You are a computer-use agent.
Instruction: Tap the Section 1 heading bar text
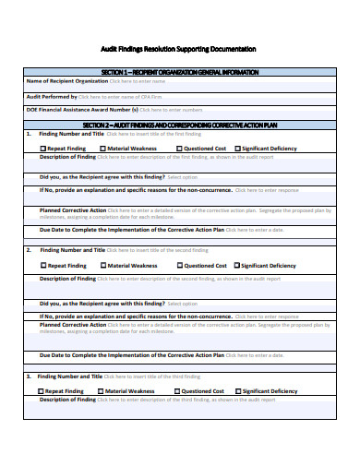pos(179,71)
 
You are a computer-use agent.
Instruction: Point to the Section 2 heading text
pos(179,124)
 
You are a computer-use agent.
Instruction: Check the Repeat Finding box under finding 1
pos(43,148)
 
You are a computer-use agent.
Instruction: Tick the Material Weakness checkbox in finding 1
pos(103,148)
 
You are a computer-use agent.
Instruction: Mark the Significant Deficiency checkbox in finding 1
pos(237,148)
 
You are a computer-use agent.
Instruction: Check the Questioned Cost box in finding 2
pos(179,265)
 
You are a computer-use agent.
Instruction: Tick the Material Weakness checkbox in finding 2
pos(103,265)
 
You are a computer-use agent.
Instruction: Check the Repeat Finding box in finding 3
pos(41,390)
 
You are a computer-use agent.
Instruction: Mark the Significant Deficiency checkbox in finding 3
pos(235,390)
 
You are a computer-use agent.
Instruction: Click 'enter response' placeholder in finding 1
pos(267,190)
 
